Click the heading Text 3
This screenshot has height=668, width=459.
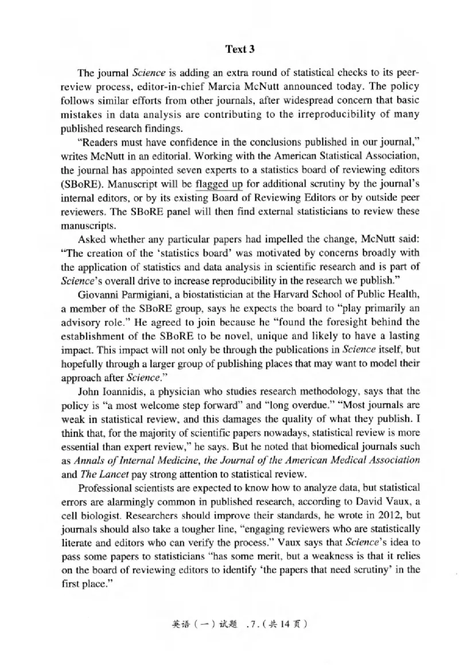click(240, 49)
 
